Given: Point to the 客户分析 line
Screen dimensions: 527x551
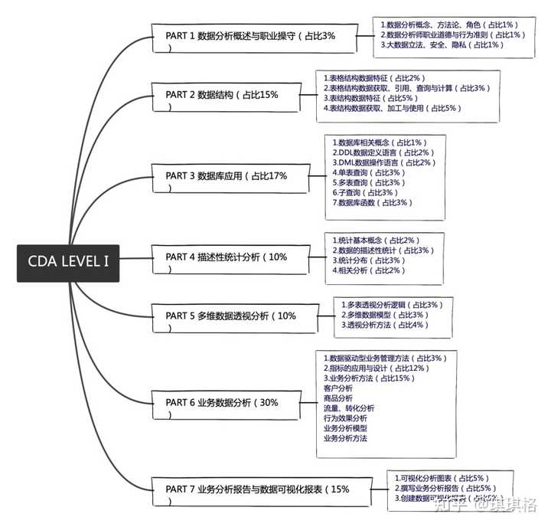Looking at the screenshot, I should tap(338, 388).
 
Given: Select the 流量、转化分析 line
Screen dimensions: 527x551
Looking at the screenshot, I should tap(349, 408).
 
